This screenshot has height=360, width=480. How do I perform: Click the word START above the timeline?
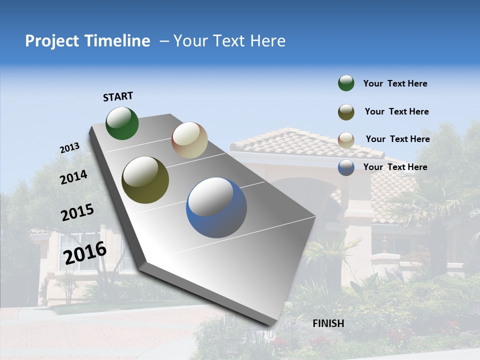(118, 96)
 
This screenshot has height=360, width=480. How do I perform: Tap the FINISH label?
(328, 323)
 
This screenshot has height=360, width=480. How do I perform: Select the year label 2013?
(69, 148)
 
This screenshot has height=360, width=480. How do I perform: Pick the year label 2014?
(73, 177)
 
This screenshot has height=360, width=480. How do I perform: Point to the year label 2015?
(77, 212)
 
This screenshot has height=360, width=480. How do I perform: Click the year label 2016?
(85, 253)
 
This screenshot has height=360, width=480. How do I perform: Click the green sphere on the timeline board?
(122, 123)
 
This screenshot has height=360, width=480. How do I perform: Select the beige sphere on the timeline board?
(189, 140)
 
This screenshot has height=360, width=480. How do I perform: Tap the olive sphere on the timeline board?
(145, 180)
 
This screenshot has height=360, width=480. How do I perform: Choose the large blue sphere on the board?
(216, 207)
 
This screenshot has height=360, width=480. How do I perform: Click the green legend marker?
(346, 83)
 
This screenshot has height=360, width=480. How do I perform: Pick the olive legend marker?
(346, 111)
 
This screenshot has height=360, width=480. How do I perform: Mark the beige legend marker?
(346, 139)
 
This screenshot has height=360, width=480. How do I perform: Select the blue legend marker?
(346, 167)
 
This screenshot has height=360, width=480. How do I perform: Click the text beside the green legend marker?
(395, 84)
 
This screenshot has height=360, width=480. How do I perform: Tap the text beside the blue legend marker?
(395, 167)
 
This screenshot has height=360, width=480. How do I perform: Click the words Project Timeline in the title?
(87, 41)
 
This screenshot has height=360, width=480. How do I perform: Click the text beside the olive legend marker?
(396, 111)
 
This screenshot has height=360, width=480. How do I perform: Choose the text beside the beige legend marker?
(397, 139)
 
